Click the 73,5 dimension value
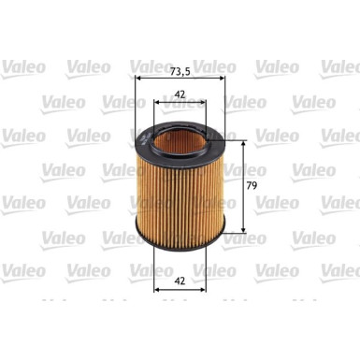pos(180,72)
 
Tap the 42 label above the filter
pos(180,94)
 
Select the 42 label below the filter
pos(180,281)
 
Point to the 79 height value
pos(252,186)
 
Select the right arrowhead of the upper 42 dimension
pos(202,102)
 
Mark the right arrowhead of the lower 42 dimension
pos(202,290)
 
